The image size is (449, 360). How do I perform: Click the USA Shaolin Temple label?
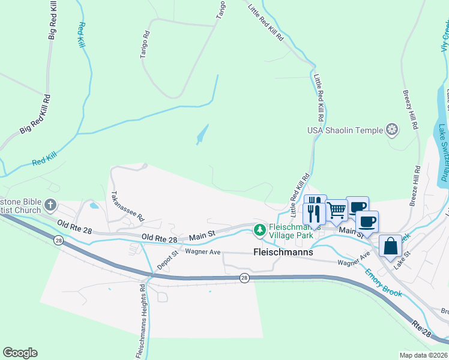[x=345, y=130]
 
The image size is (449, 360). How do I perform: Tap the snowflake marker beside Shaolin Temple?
[x=392, y=130]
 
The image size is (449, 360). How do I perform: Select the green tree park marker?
[x=259, y=229]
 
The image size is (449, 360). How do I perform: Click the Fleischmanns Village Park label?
[x=293, y=232]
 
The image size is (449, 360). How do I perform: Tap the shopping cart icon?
[x=337, y=209]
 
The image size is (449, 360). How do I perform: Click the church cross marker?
[x=50, y=205]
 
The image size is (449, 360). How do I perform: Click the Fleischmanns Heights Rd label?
[x=140, y=320]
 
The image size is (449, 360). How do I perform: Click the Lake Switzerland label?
[x=443, y=153]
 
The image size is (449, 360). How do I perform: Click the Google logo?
[x=20, y=353]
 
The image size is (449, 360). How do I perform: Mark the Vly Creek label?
[x=445, y=37]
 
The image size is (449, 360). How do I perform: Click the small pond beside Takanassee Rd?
[x=94, y=206]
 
